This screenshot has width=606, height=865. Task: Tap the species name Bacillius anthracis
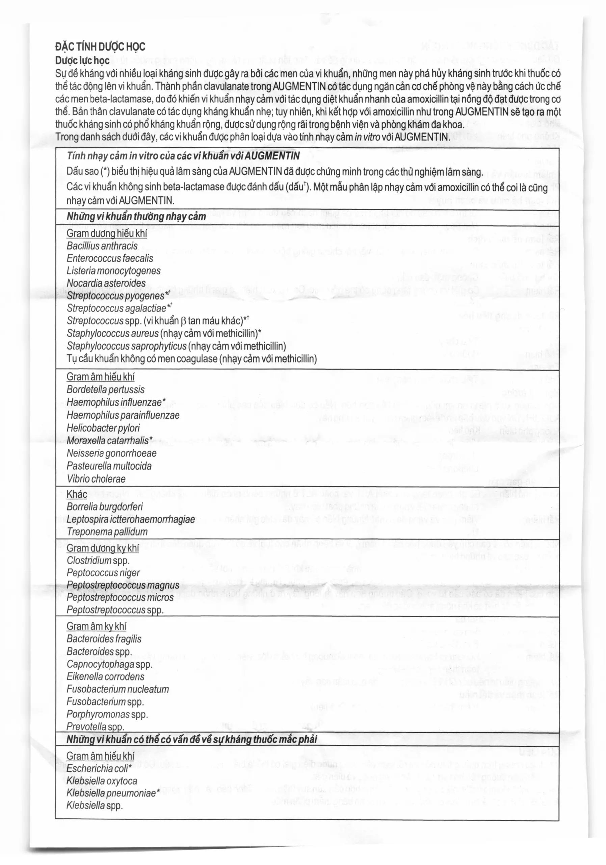click(x=102, y=246)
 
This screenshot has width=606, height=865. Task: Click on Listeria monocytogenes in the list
click(x=113, y=271)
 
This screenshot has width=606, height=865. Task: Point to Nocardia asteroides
click(x=106, y=283)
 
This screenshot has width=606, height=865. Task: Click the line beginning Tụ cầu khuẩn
click(x=191, y=359)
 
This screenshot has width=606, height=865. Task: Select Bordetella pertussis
click(x=105, y=390)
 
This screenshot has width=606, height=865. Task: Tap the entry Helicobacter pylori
click(x=103, y=428)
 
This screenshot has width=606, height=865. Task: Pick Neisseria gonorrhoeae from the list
click(x=111, y=453)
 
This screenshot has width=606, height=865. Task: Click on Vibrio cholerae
click(x=96, y=479)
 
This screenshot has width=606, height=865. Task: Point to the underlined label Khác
click(x=77, y=495)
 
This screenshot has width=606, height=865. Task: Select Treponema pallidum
click(x=107, y=532)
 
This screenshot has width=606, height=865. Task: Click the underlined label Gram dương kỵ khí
click(x=102, y=548)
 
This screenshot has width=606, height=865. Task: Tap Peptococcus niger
click(x=103, y=573)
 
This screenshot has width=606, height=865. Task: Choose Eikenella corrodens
click(x=105, y=677)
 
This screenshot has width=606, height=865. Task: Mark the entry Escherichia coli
click(x=99, y=769)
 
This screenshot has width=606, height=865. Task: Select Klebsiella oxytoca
click(x=102, y=781)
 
